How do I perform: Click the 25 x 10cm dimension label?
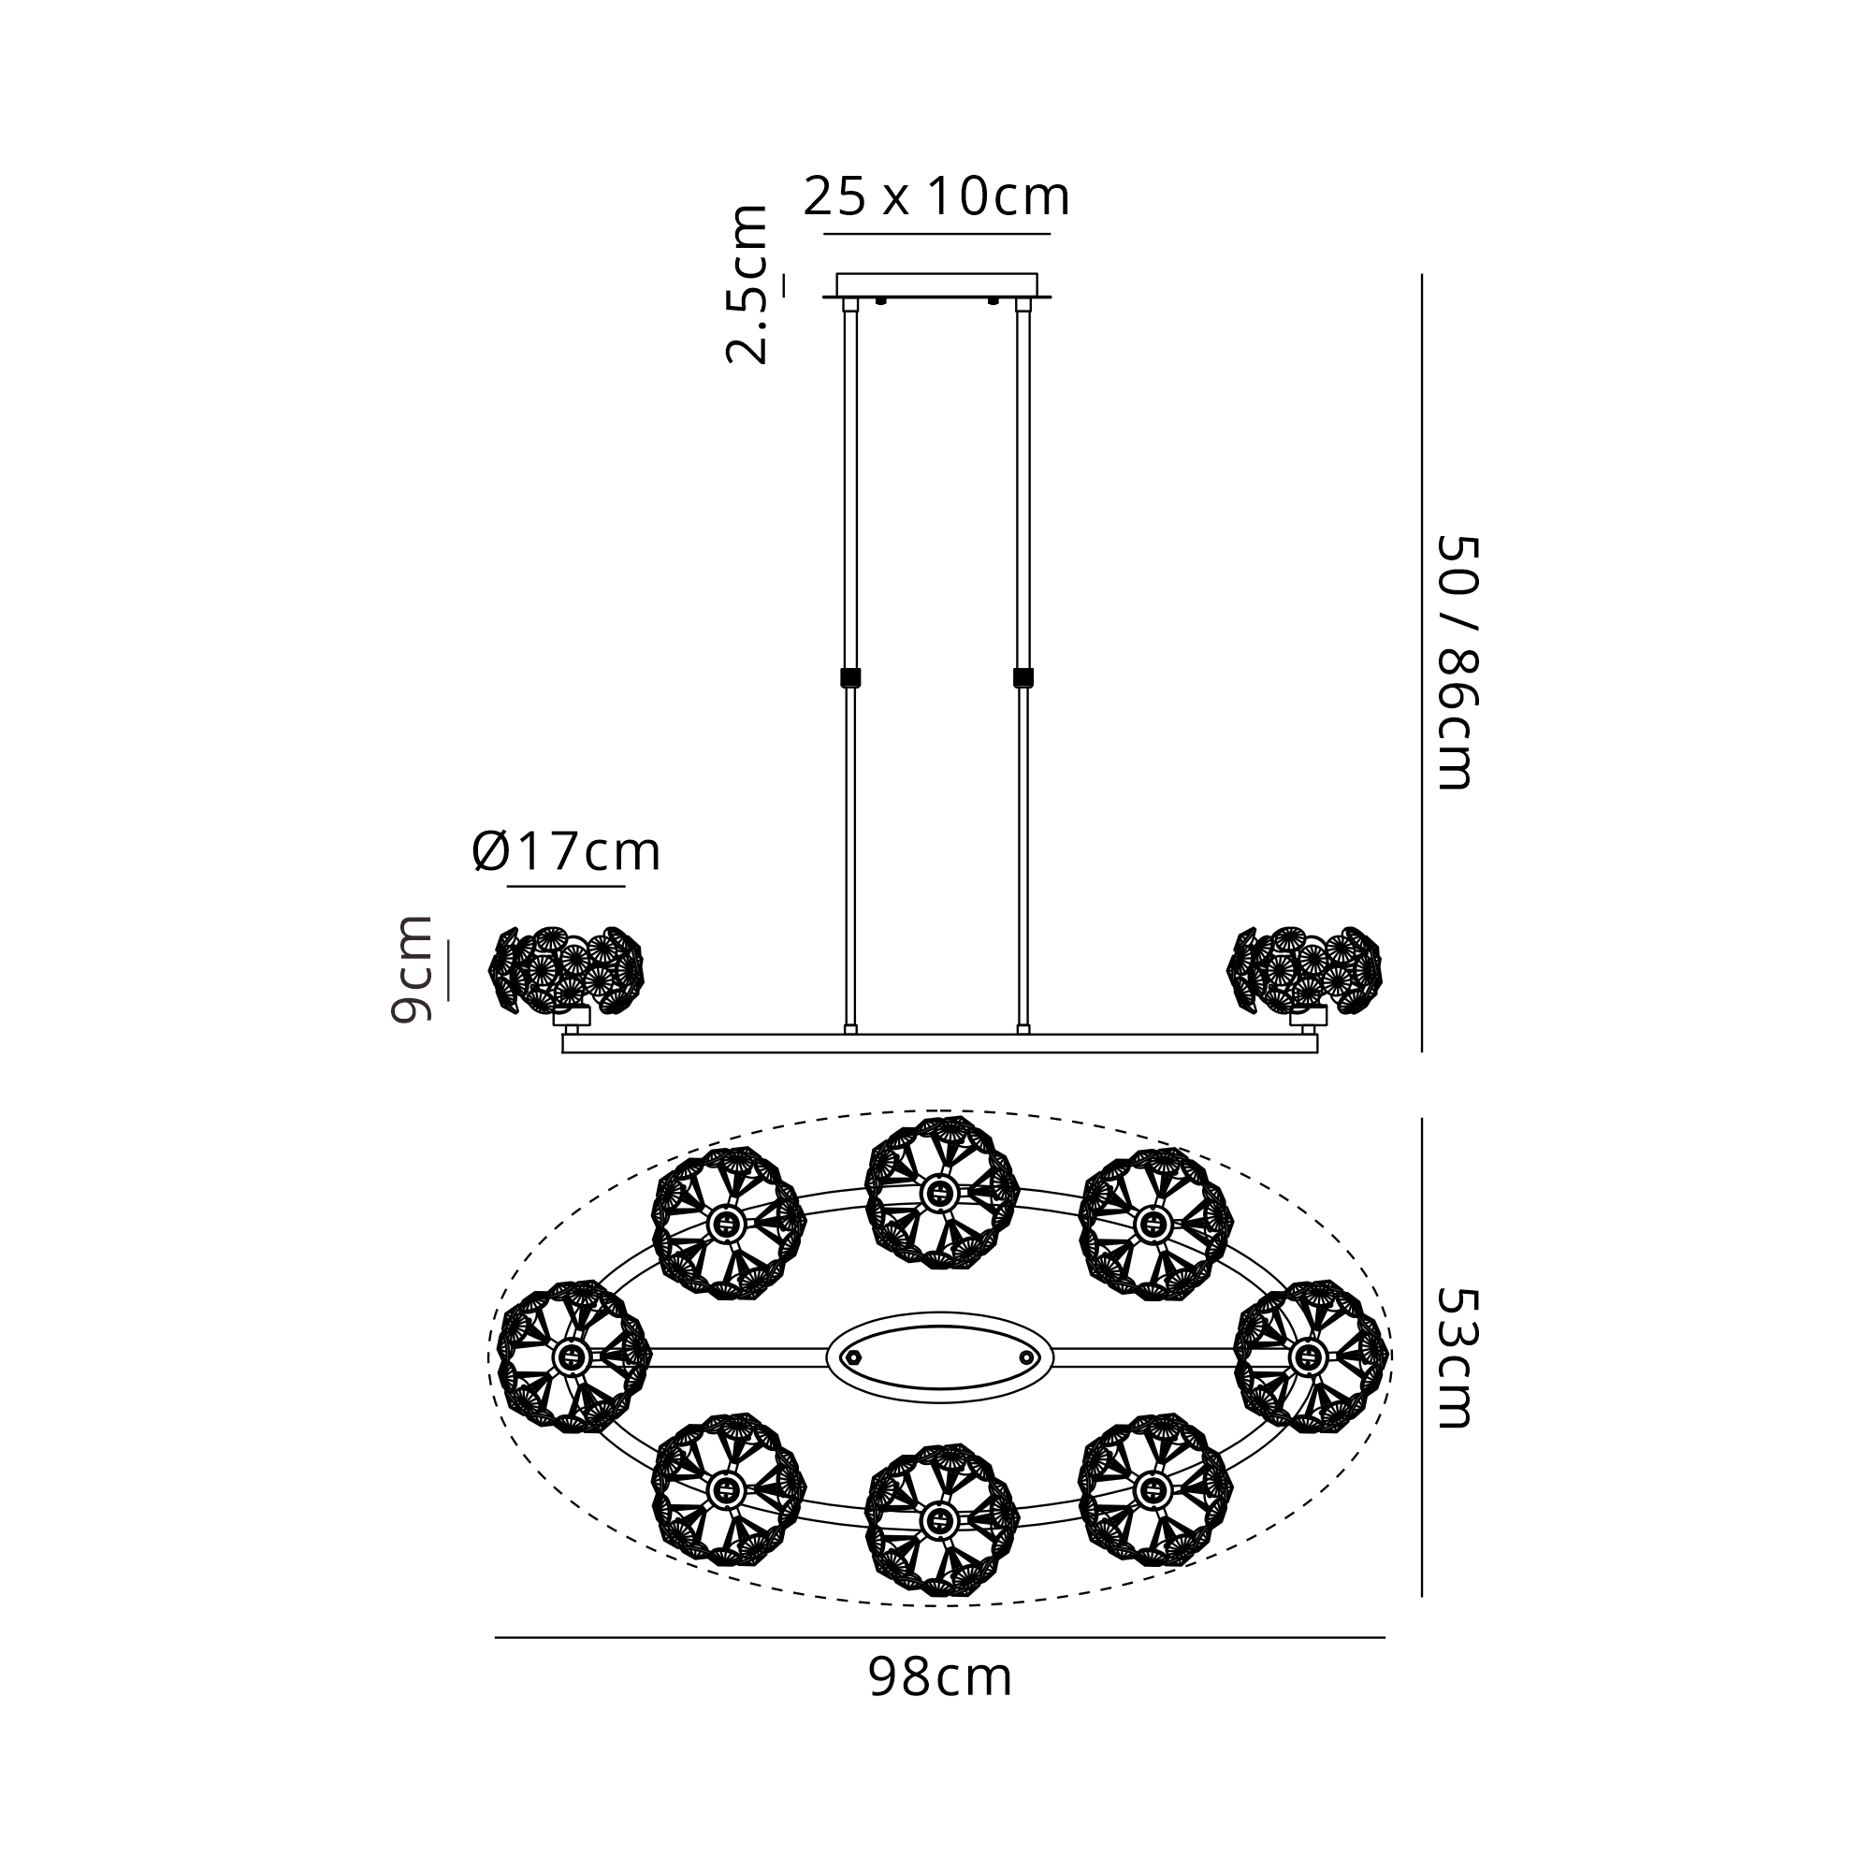coord(936,196)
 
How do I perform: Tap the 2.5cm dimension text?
coord(747,284)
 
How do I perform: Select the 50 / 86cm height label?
coord(1457,662)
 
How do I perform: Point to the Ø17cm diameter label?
coord(567,852)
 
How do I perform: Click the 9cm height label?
coord(411,968)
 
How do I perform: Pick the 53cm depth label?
coord(1457,1357)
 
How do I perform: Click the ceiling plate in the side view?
coord(936,284)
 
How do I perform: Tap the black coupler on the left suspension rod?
coord(850,677)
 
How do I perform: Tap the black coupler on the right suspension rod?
coord(1023,677)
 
